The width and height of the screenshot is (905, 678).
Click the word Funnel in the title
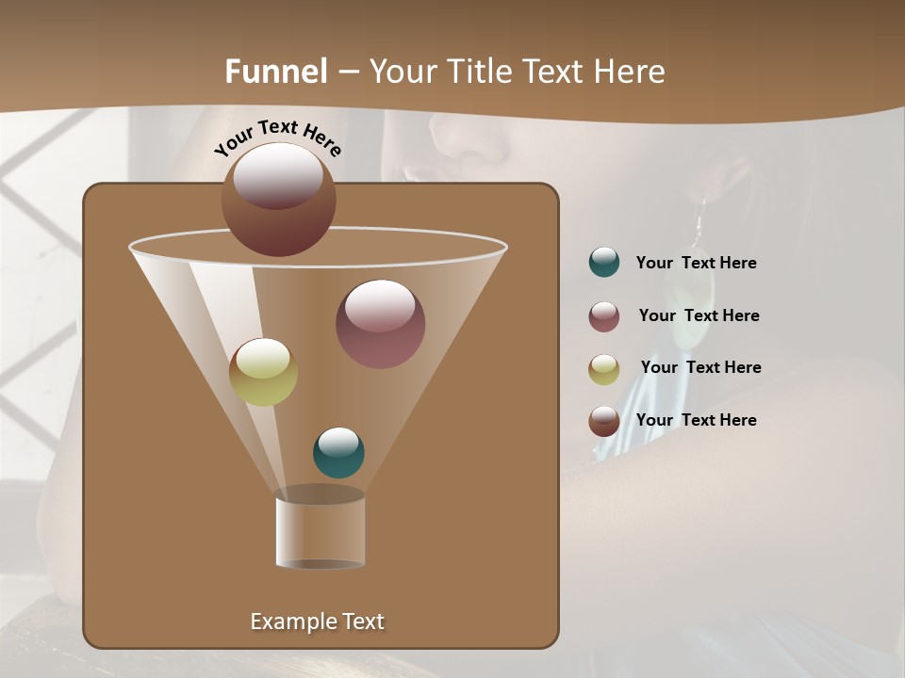(276, 71)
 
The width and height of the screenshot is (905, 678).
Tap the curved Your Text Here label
(278, 137)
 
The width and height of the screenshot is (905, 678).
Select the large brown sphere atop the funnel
(278, 200)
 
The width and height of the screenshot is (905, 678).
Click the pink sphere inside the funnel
(380, 323)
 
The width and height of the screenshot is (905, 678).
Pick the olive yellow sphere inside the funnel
(263, 371)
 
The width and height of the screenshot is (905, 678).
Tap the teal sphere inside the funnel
(338, 452)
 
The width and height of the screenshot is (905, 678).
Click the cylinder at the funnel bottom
(321, 529)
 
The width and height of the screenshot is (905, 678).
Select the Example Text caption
(317, 621)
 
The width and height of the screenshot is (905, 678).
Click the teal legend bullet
(604, 263)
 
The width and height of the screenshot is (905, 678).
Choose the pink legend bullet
(604, 316)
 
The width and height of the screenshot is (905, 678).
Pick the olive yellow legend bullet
(604, 369)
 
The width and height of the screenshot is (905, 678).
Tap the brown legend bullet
(604, 421)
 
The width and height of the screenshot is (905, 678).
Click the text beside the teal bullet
(696, 263)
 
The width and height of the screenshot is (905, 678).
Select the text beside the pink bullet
(699, 315)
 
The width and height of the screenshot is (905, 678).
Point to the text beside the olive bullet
(700, 367)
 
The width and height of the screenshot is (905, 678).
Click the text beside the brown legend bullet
(696, 420)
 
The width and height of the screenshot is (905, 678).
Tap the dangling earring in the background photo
(699, 226)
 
